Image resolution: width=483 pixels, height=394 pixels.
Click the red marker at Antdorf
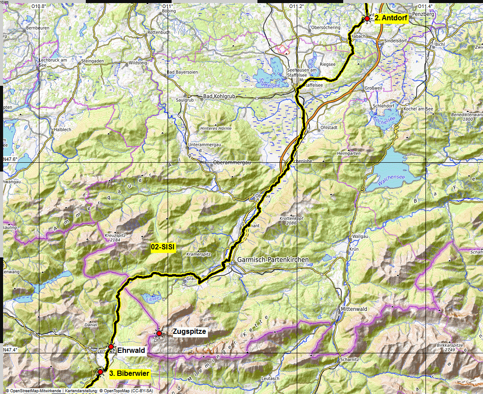click(367, 19)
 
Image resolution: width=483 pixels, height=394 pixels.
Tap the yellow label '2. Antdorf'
click(391, 19)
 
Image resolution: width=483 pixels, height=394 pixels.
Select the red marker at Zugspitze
click(159, 333)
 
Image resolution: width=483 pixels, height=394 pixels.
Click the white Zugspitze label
click(189, 332)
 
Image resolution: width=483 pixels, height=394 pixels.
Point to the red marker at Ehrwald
click(111, 347)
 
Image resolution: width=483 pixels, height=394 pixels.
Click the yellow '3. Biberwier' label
click(129, 373)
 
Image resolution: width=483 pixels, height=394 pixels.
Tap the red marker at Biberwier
click(100, 372)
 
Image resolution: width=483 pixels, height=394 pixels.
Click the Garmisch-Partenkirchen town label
click(272, 260)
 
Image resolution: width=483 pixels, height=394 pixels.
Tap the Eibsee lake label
click(147, 297)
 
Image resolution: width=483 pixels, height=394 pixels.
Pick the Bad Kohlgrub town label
click(219, 96)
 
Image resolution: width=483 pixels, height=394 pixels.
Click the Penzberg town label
click(423, 14)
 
